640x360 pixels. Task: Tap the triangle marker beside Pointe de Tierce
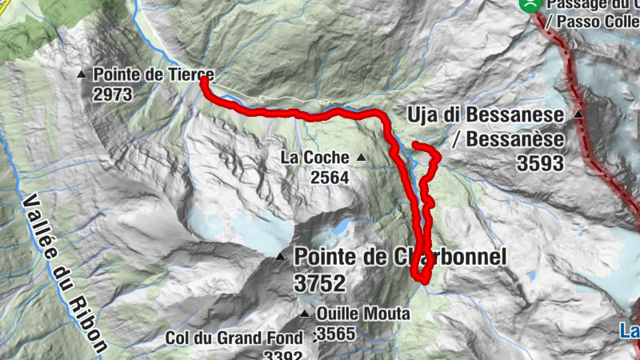pos(81,74)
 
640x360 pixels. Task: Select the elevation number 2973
pos(112,94)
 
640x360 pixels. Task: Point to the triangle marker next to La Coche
pos(361,158)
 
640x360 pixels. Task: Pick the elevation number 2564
pos(330,178)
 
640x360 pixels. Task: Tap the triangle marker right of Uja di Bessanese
pos(578,115)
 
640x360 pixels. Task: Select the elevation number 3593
pos(540,164)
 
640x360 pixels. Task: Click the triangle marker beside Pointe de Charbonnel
pos(280,257)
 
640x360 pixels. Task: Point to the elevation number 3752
pos(319,283)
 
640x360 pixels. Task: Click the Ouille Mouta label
pos(362,314)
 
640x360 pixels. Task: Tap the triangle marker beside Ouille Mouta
pos(304,314)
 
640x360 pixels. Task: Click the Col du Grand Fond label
pos(234,338)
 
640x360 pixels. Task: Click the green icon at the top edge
pos(529,4)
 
